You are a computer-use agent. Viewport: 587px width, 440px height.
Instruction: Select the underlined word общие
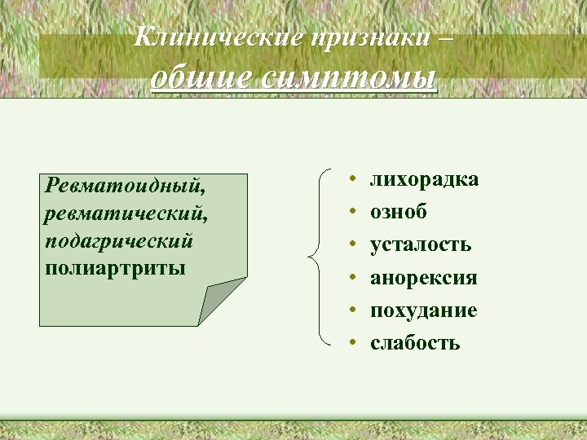coord(204,78)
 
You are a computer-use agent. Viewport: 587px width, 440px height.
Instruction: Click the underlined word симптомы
coord(351,78)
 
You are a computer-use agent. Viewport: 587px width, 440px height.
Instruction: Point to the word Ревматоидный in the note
coord(126,185)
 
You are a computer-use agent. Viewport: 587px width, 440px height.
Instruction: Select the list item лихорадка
coord(424,179)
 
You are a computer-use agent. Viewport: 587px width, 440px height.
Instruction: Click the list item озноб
coord(398,212)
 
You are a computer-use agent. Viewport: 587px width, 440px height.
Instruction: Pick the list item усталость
coord(421,244)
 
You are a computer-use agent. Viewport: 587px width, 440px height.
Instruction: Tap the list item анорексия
coord(424,278)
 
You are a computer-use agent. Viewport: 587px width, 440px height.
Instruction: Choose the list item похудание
coord(424,310)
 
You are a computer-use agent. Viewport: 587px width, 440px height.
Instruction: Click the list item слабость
coord(415,343)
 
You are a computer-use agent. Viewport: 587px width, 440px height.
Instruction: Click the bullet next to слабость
coord(348,343)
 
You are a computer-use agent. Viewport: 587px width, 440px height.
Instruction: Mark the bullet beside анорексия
coord(348,278)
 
